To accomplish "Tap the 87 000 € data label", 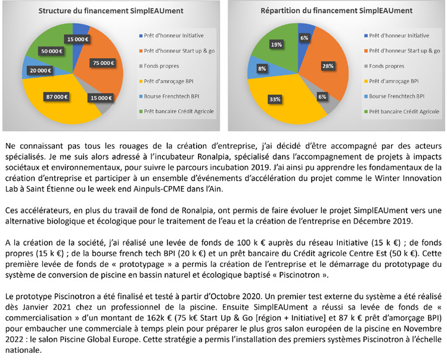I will click(x=57, y=97).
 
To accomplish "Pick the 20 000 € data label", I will click(x=40, y=70).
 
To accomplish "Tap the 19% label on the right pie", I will click(x=276, y=45).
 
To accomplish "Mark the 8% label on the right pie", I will click(x=262, y=69).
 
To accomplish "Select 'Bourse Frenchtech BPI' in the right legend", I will click(x=396, y=95).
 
